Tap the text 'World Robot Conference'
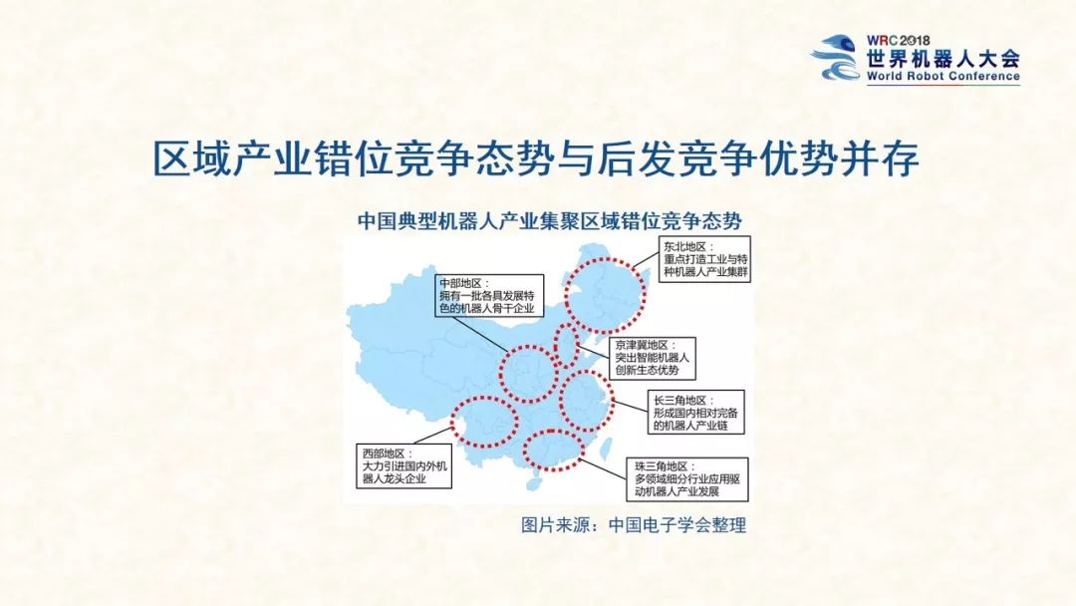(942, 76)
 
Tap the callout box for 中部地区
(490, 296)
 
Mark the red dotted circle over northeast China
(605, 295)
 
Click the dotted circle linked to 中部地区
(527, 374)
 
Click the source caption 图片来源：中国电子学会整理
(634, 525)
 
